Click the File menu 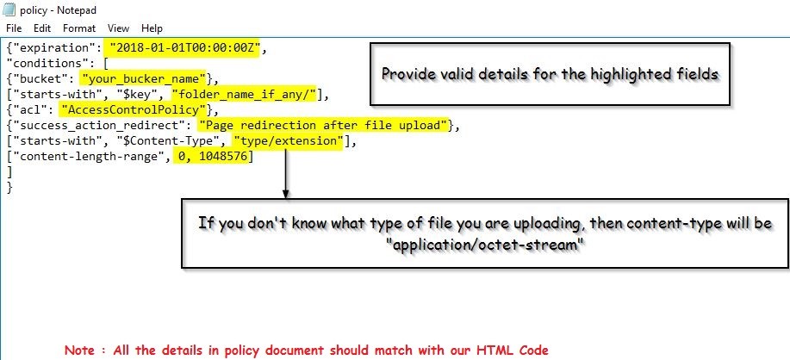click(13, 28)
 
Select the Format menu click(79, 28)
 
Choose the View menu click(119, 28)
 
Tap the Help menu click(152, 28)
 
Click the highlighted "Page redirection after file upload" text click(323, 126)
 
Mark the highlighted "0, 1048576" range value click(211, 157)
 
